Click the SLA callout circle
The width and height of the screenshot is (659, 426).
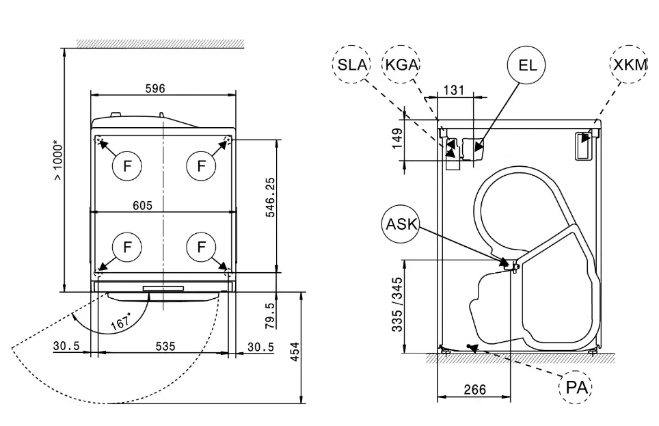pyautogui.click(x=353, y=66)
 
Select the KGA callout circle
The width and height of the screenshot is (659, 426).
pyautogui.click(x=401, y=66)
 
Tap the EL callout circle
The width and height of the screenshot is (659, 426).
pyautogui.click(x=527, y=66)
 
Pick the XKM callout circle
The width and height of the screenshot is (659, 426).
pyautogui.click(x=628, y=66)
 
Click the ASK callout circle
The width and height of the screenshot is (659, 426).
pyautogui.click(x=401, y=225)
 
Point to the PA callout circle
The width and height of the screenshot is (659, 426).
pyautogui.click(x=576, y=388)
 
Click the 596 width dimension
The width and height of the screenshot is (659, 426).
pyautogui.click(x=155, y=88)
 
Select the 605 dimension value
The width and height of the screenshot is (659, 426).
pyautogui.click(x=142, y=205)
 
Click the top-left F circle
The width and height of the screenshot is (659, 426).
pyautogui.click(x=127, y=165)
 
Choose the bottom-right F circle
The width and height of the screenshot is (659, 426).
pyautogui.click(x=201, y=246)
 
